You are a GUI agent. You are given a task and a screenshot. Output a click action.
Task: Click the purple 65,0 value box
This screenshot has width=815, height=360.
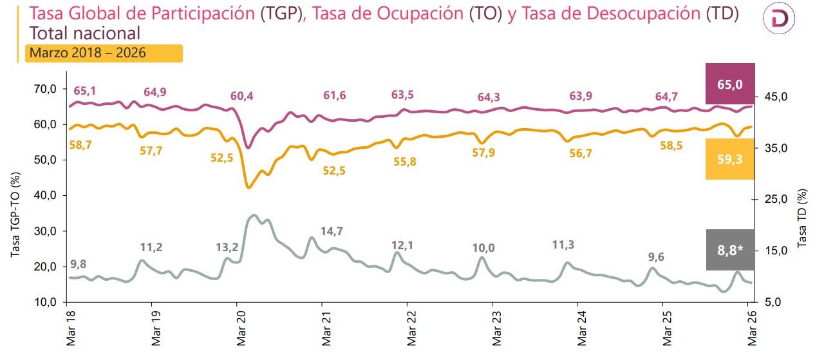click(x=730, y=84)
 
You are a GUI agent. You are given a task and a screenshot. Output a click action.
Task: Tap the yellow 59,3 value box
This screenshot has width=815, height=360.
click(x=730, y=158)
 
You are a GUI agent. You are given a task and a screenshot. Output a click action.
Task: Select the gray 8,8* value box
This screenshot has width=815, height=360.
click(x=730, y=249)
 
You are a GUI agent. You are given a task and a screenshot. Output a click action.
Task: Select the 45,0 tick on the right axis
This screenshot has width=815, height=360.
click(x=775, y=97)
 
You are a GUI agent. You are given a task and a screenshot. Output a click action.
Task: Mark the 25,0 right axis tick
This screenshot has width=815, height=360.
click(x=775, y=199)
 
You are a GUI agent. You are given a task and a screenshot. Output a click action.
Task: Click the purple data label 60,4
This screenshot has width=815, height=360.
click(x=241, y=97)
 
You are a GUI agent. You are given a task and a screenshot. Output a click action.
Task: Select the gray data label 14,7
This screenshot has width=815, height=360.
click(x=332, y=231)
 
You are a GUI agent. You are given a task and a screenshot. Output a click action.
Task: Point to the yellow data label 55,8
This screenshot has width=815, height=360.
click(x=405, y=162)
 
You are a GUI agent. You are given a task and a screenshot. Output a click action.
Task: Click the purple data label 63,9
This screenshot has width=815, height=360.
click(x=581, y=96)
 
